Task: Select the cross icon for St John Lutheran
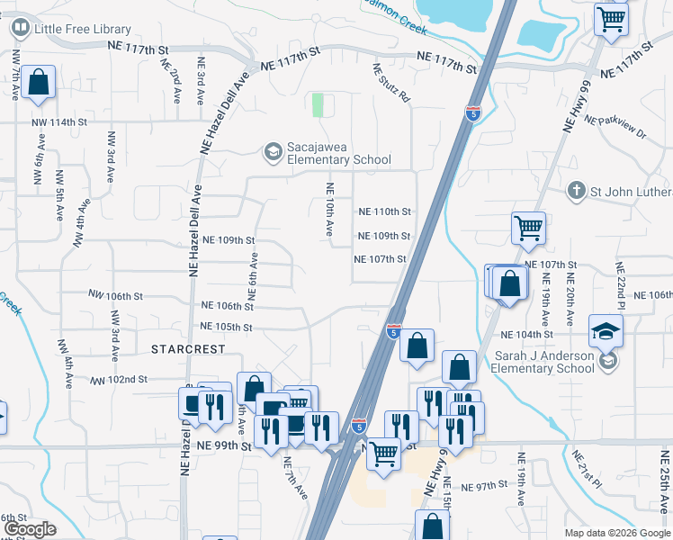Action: [x=577, y=192]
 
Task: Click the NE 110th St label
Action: [x=384, y=211]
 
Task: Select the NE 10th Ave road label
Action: [x=329, y=210]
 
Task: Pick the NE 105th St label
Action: [x=221, y=327]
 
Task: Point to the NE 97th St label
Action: [x=485, y=486]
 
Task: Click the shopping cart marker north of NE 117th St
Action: [x=612, y=19]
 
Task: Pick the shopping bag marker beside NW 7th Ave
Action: [x=39, y=83]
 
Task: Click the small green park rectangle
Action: [x=317, y=104]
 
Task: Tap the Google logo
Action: [x=31, y=529]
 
